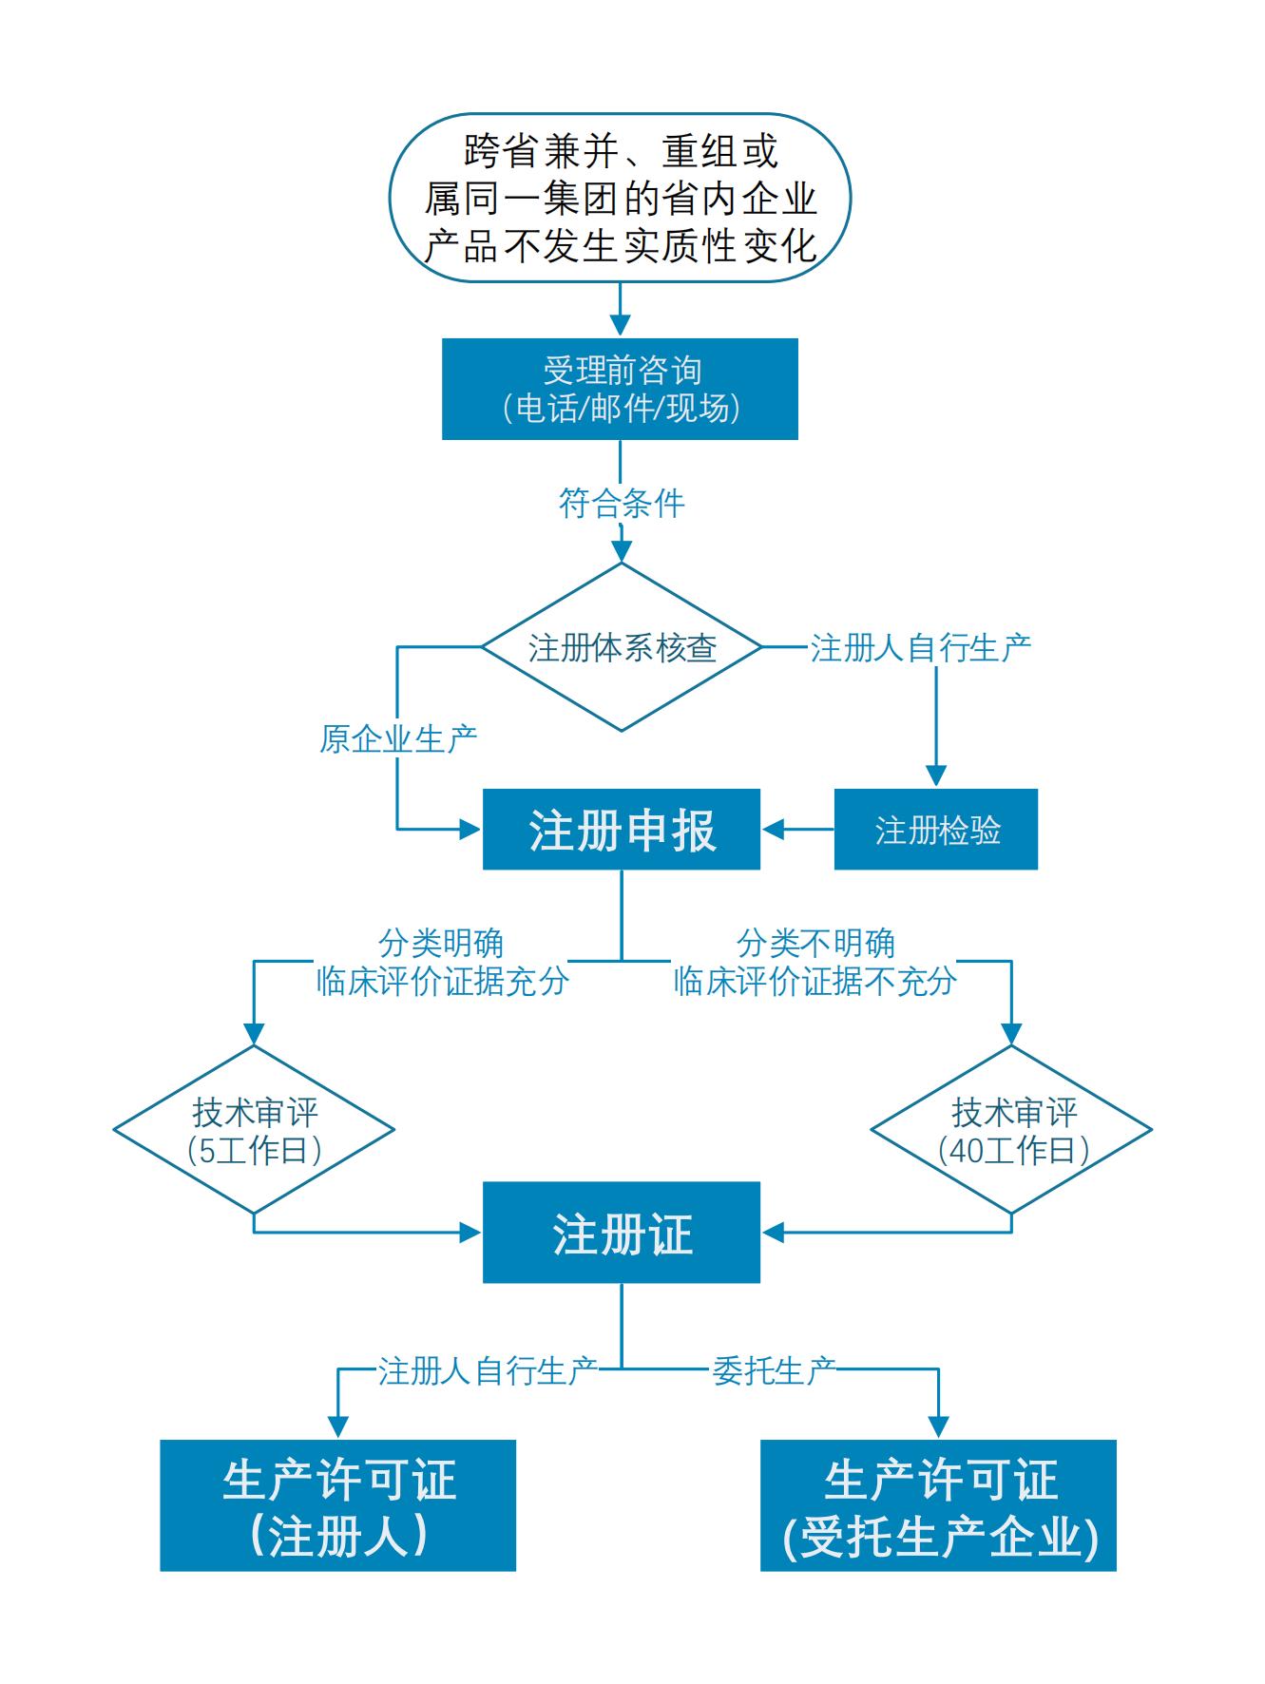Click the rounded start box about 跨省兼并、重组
click(620, 198)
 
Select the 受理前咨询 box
click(620, 389)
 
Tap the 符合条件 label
click(622, 503)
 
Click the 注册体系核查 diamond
click(622, 647)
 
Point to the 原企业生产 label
click(398, 738)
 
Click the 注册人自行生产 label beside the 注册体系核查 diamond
click(920, 648)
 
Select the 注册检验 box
click(936, 830)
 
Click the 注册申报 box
click(622, 830)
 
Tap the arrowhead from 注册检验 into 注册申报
click(773, 830)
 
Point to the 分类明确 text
click(441, 943)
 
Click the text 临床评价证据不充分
click(815, 981)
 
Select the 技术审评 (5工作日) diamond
click(254, 1130)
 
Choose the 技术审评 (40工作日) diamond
click(1011, 1130)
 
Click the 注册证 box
click(622, 1233)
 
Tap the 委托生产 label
click(774, 1370)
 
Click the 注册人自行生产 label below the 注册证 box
click(488, 1370)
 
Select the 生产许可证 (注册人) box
click(337, 1505)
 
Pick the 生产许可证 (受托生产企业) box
click(938, 1505)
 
